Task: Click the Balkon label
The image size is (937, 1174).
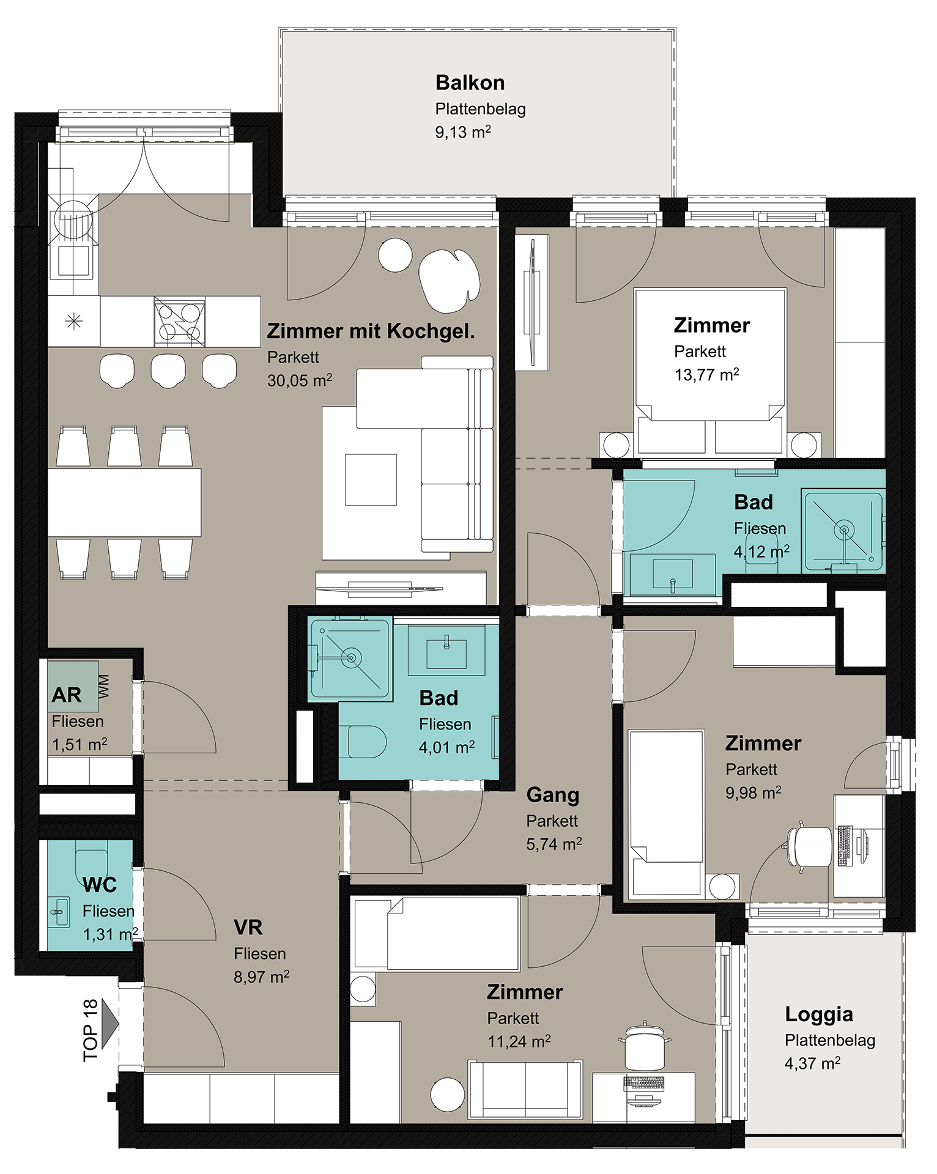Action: point(470,83)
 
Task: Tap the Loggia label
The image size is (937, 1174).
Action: point(818,1014)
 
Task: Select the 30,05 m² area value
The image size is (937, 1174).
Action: point(300,380)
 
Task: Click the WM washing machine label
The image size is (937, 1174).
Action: point(104,687)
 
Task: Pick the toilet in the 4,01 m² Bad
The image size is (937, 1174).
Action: point(367,742)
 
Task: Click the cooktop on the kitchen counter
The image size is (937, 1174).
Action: point(179,322)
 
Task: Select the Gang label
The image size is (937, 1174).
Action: point(552,795)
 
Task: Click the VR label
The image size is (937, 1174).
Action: point(248,928)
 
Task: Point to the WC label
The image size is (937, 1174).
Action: point(99,885)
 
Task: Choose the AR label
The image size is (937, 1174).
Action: point(66,695)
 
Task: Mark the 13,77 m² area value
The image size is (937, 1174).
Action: point(706,374)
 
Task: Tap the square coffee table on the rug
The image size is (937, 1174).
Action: point(371,479)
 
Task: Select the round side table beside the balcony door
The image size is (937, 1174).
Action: point(395,255)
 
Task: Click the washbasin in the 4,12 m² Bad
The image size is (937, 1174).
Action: point(673,574)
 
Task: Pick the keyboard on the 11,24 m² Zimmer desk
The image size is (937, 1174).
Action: point(643,1084)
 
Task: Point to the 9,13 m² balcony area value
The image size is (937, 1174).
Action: point(463,131)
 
